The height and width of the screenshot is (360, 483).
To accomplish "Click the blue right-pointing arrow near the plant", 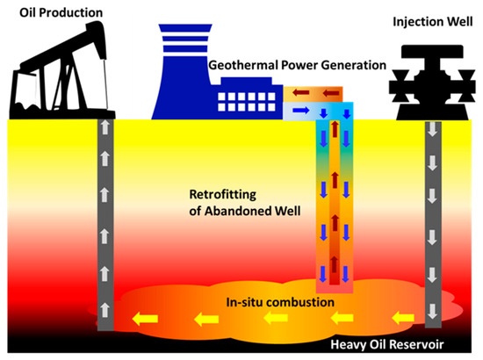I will coord(298,112).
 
